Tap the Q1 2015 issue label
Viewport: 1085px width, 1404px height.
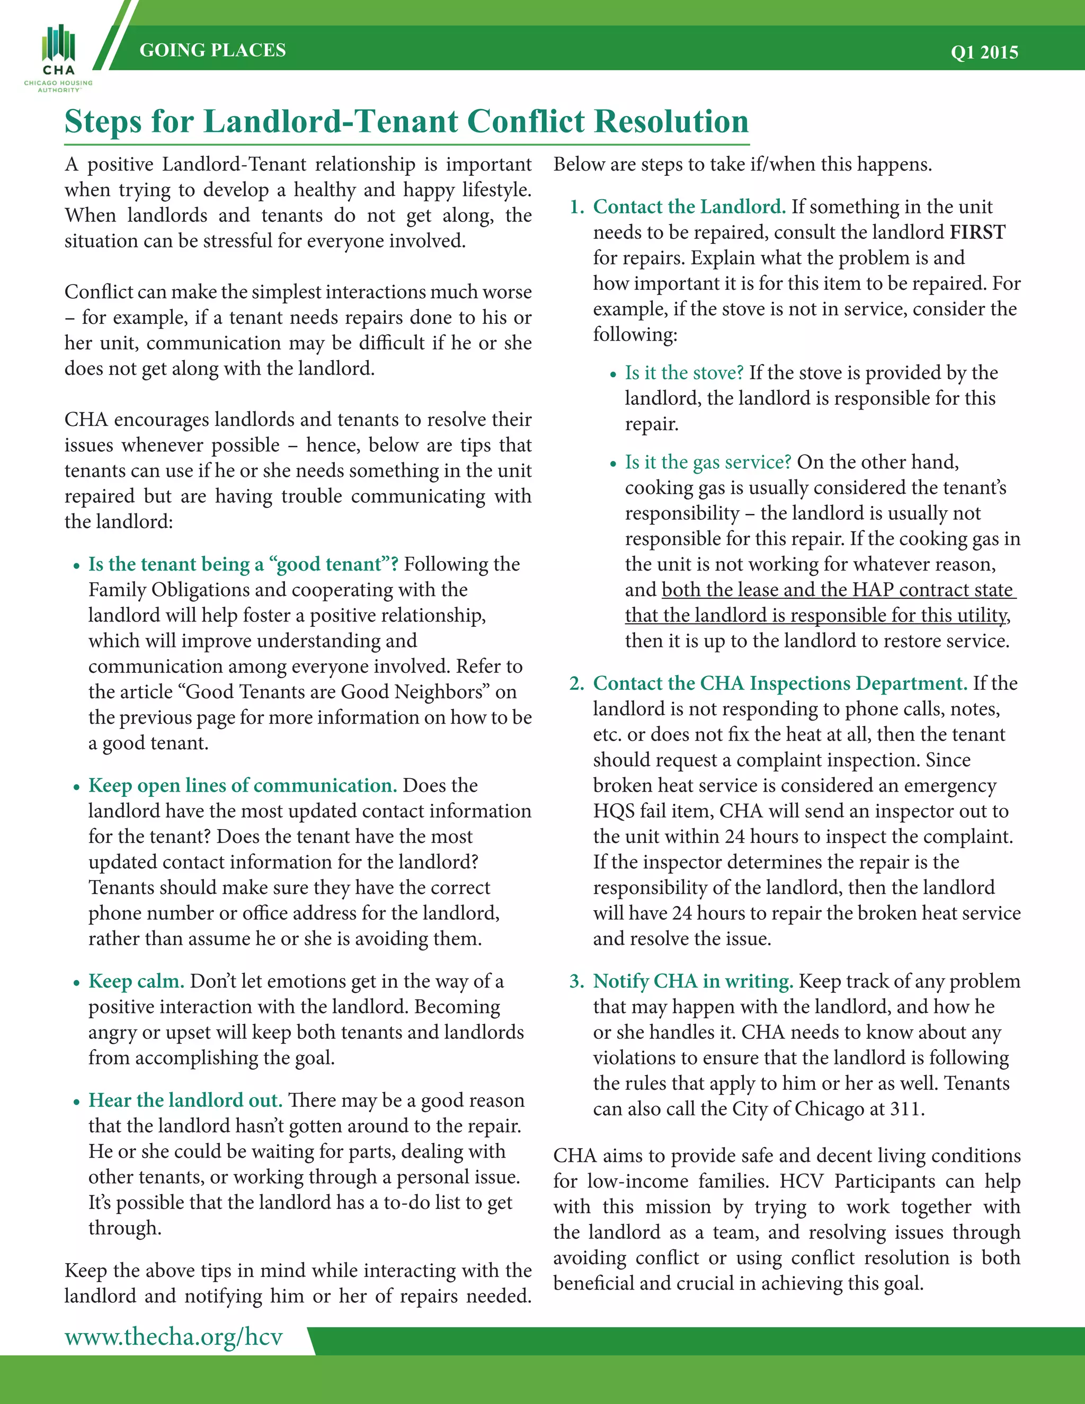(x=984, y=52)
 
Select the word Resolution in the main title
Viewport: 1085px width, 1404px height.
(x=671, y=121)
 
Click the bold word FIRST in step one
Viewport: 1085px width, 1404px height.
(x=977, y=232)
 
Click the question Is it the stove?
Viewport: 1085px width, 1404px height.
(x=684, y=372)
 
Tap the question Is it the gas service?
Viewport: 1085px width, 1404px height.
(x=708, y=461)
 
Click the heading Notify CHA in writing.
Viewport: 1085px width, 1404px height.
(x=693, y=981)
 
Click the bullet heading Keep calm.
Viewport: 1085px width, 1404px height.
(x=136, y=981)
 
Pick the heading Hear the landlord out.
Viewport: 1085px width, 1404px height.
(x=185, y=1100)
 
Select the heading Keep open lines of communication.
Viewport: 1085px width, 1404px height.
(x=242, y=786)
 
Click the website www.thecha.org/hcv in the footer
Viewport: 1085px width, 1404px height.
(x=174, y=1337)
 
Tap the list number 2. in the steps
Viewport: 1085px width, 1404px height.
(x=576, y=683)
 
